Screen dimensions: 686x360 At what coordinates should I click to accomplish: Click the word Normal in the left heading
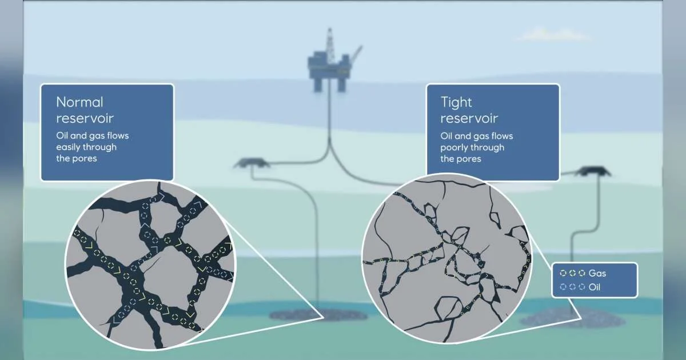tap(79, 102)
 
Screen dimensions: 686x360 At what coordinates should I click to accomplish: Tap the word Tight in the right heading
tap(456, 102)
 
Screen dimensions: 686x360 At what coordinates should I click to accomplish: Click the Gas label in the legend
tap(597, 273)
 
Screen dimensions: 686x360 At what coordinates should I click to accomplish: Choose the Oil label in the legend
tap(595, 287)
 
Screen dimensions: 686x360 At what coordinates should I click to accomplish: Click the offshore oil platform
tap(333, 61)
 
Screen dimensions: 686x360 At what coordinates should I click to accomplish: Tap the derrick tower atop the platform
tap(329, 43)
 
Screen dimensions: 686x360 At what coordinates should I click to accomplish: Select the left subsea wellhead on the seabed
tap(251, 163)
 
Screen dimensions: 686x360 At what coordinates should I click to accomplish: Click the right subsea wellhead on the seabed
tap(593, 171)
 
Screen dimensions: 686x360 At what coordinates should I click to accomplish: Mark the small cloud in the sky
tap(553, 35)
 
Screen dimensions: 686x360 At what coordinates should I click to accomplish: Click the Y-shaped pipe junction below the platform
tap(329, 149)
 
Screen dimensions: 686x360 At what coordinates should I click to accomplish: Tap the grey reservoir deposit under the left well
tap(318, 314)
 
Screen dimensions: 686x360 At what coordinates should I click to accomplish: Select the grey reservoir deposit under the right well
tap(573, 318)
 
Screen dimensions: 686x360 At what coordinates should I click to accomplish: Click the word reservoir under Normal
tap(85, 118)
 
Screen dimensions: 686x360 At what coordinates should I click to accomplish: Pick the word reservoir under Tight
tap(469, 118)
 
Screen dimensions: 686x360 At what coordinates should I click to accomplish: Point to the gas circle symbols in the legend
tap(572, 273)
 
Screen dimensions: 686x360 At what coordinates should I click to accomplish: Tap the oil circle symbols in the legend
tap(572, 287)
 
